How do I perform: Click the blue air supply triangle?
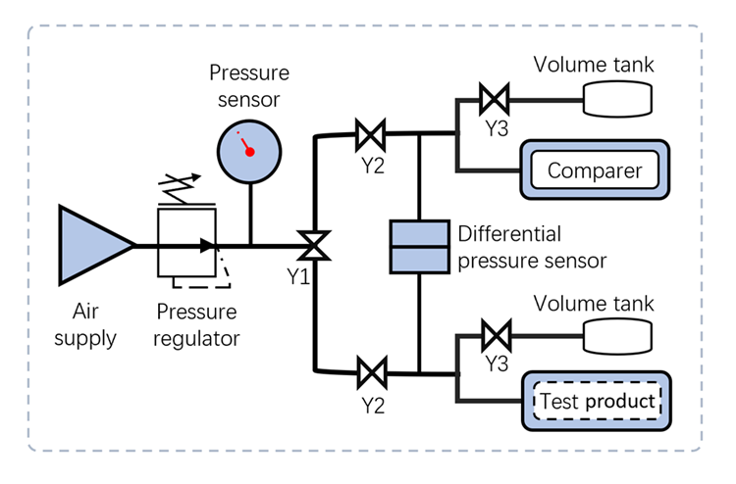(90, 245)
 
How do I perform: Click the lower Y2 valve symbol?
(371, 372)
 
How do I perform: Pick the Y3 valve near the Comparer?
(493, 98)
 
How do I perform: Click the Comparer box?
(595, 171)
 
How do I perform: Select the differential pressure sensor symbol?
(420, 246)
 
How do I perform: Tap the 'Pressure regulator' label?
(196, 326)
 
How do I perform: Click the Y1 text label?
(298, 276)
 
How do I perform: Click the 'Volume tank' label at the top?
(594, 67)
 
